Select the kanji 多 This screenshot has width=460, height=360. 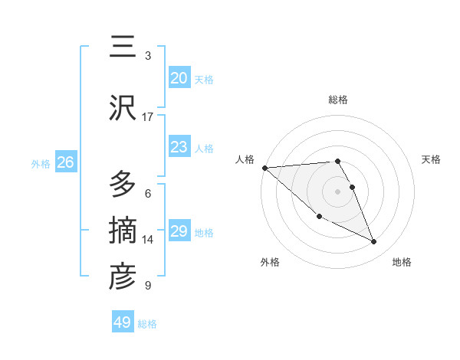(x=123, y=184)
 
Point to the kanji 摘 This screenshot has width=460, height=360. (x=123, y=230)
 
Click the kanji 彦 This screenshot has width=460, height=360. (x=123, y=277)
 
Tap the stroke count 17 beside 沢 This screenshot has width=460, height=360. (x=148, y=117)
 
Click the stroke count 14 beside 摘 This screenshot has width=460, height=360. (x=148, y=240)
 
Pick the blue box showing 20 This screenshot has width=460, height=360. (x=179, y=78)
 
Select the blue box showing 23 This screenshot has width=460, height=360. (x=179, y=147)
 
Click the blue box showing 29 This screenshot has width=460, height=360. (x=179, y=231)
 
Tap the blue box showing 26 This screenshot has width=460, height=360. (x=65, y=162)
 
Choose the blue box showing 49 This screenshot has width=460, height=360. (x=123, y=322)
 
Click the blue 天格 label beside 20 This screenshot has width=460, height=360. (x=204, y=80)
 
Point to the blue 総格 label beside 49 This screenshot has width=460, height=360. (x=147, y=324)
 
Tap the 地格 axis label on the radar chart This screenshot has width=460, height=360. (x=402, y=262)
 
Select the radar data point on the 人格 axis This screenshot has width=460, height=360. (x=264, y=168)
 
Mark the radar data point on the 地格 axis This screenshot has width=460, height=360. (x=374, y=242)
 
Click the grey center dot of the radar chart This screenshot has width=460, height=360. (x=337, y=191)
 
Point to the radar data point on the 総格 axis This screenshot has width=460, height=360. (x=337, y=161)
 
